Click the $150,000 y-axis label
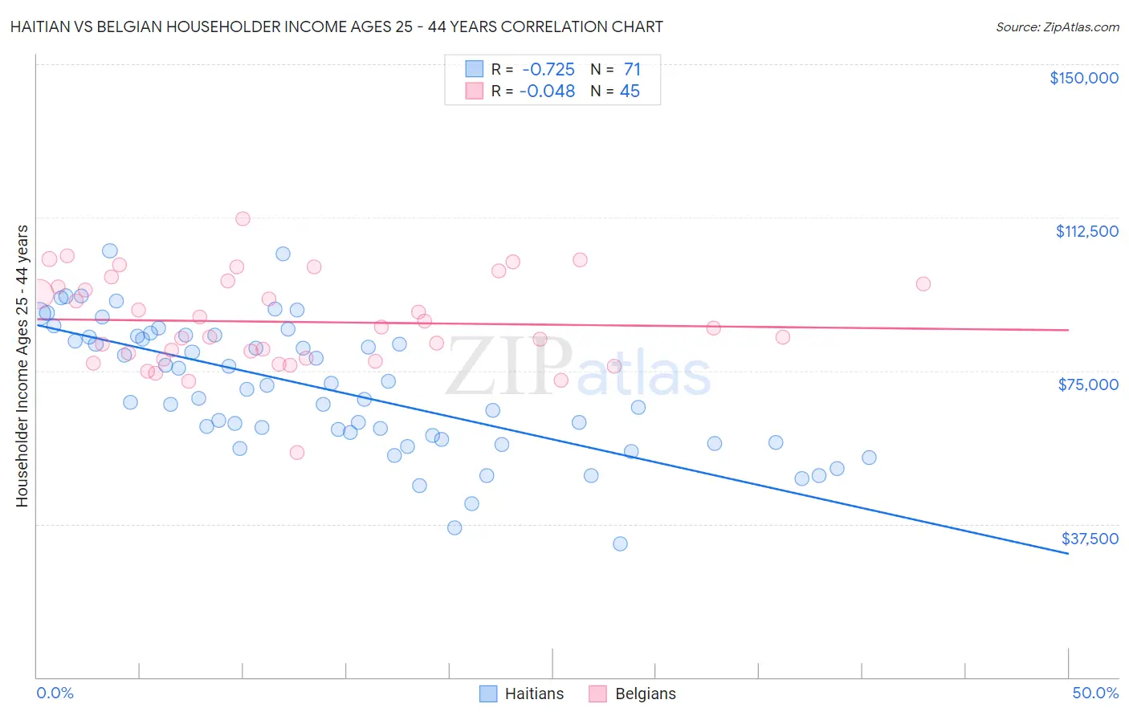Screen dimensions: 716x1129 [x=1083, y=78]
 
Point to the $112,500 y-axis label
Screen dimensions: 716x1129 [x=1086, y=231]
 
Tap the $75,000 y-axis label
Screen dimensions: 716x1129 [x=1088, y=384]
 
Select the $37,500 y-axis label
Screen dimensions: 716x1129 [x=1089, y=539]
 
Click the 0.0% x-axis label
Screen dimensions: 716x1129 [x=55, y=693]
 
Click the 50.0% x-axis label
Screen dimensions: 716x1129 [x=1095, y=693]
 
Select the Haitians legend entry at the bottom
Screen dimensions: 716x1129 [x=522, y=694]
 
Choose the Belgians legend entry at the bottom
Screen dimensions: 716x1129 [x=633, y=694]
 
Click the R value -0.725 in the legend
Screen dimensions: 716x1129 [x=548, y=70]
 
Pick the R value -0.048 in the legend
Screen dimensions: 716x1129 [x=548, y=92]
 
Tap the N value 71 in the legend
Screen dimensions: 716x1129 [x=632, y=70]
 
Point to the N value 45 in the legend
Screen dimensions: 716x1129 [x=630, y=92]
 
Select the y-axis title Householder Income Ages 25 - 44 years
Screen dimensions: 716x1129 [x=22, y=366]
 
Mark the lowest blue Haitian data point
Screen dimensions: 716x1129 [x=620, y=543]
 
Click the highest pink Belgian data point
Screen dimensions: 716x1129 [x=243, y=218]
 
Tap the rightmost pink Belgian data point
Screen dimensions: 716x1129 [x=923, y=284]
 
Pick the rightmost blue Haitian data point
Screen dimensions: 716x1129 [x=869, y=458]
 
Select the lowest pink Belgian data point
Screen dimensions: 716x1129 [x=297, y=453]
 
